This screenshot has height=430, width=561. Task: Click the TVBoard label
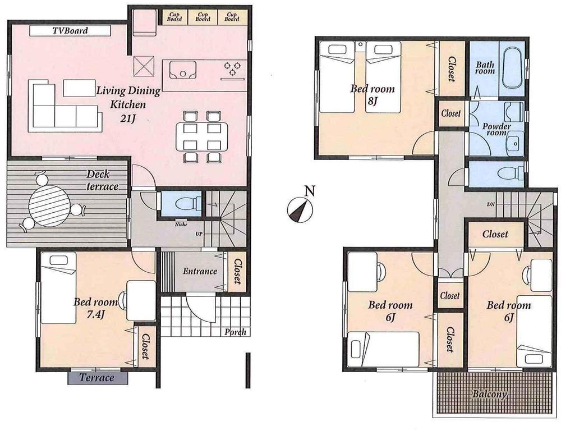[70, 31]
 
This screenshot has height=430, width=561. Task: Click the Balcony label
[489, 394]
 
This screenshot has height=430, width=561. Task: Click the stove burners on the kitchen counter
[232, 68]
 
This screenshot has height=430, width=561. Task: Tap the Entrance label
[200, 272]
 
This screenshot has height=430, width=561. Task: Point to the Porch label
[236, 332]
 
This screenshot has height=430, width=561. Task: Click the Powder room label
[497, 130]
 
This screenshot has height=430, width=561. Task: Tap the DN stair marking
[490, 204]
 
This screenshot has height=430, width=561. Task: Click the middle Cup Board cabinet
[203, 16]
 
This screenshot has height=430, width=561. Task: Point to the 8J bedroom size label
[373, 101]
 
